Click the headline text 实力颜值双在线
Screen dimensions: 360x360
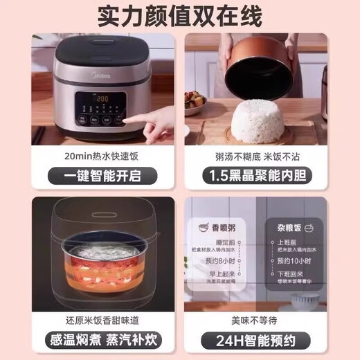[x=180, y=15]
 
